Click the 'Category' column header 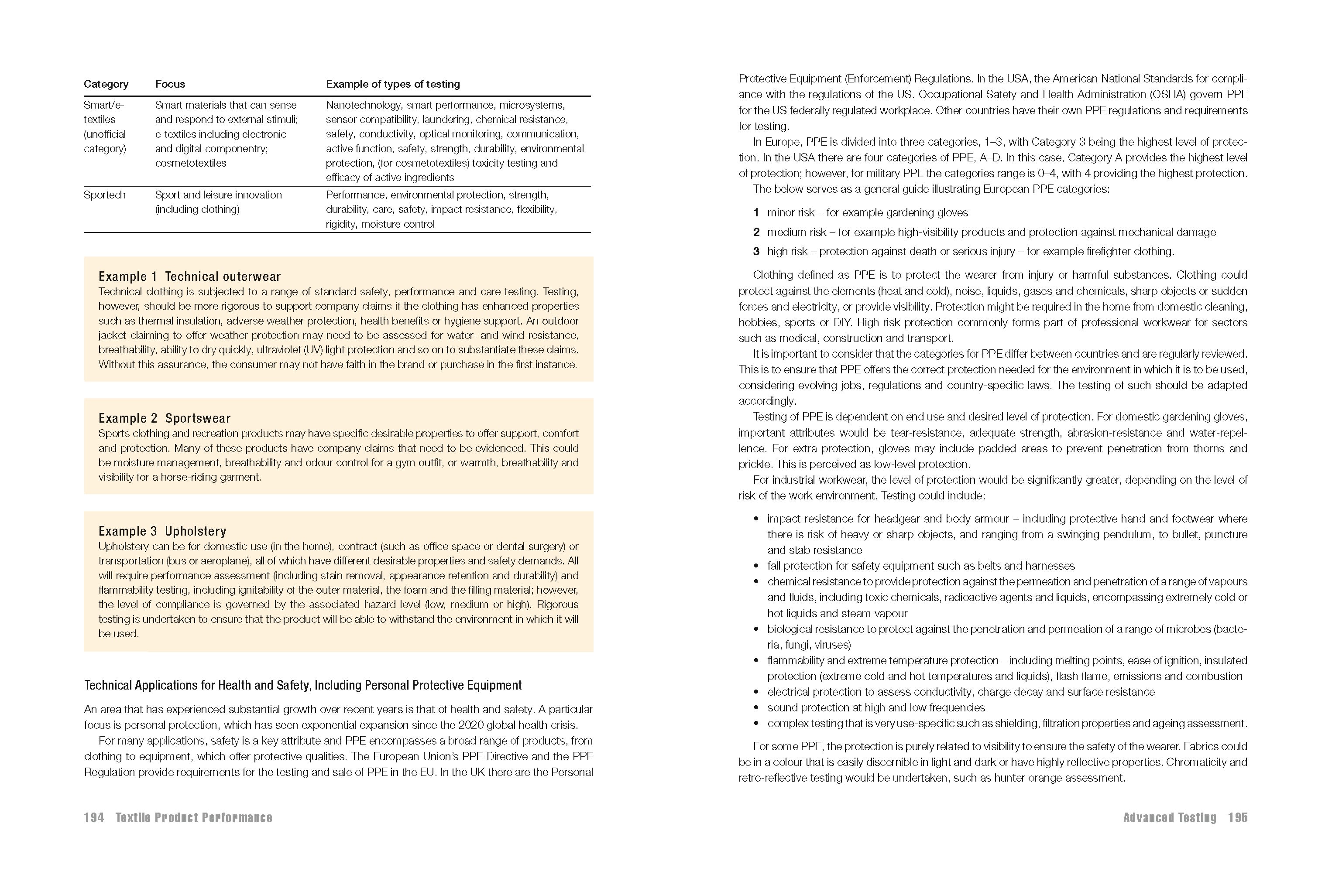point(106,84)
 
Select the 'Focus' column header point(170,84)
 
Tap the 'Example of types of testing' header point(393,84)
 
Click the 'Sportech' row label point(104,195)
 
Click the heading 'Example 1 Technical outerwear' point(189,277)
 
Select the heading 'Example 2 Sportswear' point(164,418)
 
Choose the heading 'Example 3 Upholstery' point(162,531)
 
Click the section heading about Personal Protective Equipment point(302,685)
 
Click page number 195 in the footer point(1237,817)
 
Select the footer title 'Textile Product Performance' point(194,817)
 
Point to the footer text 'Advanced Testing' point(1170,817)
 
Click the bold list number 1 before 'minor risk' point(756,213)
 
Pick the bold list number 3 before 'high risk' point(756,251)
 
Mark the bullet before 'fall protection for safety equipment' point(756,566)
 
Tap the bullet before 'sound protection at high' point(756,708)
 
